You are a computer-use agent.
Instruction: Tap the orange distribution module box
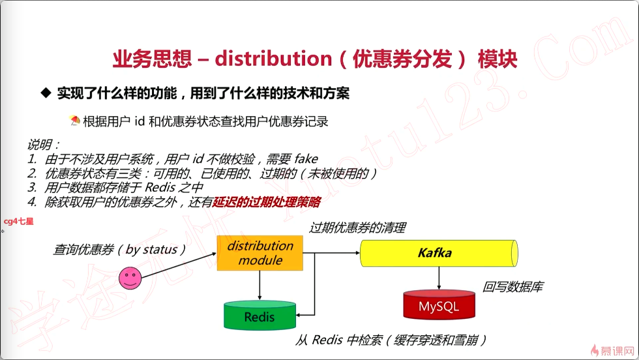260,253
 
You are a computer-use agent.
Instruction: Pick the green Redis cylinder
260,316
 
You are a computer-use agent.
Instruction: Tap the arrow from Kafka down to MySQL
438,278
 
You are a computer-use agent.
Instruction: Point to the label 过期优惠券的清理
357,228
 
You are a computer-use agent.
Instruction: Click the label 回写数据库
513,286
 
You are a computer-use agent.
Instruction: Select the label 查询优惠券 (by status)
120,249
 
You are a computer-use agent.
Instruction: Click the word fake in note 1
306,158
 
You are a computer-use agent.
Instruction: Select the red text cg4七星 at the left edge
18,221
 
